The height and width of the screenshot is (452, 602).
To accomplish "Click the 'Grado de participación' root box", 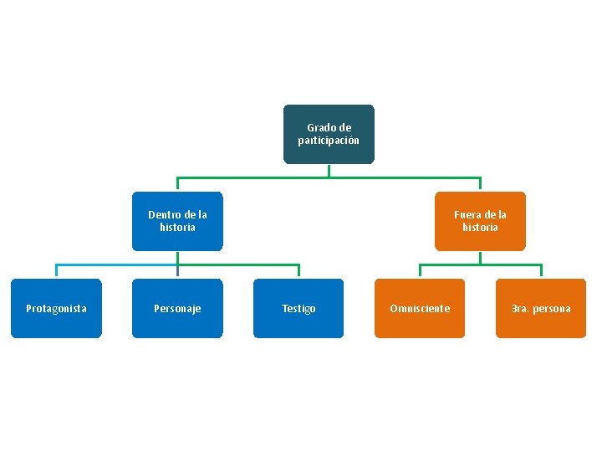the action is point(329,134).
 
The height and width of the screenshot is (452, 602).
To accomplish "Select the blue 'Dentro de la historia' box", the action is point(177,221).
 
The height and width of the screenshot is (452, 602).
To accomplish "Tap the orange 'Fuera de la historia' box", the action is point(480,221).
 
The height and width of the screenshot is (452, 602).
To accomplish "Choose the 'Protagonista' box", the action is point(56,308).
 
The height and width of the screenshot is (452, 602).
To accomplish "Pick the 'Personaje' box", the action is point(177,308).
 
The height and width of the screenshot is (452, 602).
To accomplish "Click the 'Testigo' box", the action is point(298,308).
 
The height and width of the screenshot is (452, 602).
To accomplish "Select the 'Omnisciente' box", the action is point(420,308).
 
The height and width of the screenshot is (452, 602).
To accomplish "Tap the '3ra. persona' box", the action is point(541,308).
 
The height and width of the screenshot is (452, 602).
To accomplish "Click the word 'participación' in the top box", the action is point(329,141).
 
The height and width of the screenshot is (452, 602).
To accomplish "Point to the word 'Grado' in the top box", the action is point(319,127).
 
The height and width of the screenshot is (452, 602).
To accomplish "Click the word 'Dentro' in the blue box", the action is point(161,214).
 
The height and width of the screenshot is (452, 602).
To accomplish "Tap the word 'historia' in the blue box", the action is point(177,227).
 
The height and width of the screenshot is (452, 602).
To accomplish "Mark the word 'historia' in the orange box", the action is point(480,227).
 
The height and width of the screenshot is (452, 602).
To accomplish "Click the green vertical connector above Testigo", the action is point(298,270).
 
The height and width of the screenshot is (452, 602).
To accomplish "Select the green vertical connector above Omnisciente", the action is point(420,270).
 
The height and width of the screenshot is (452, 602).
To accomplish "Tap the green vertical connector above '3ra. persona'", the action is point(541,270).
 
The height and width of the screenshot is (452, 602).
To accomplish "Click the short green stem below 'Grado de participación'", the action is point(329,171).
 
